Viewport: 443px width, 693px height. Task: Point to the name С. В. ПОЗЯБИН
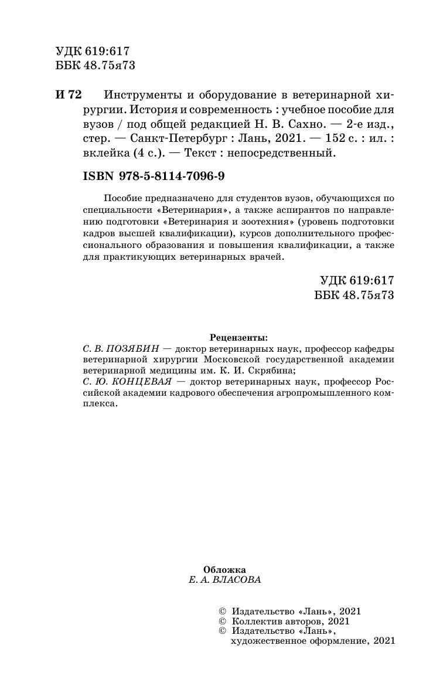(x=118, y=348)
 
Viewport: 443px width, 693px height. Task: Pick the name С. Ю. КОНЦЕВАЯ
(x=121, y=382)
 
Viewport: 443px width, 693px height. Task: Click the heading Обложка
(x=224, y=569)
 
